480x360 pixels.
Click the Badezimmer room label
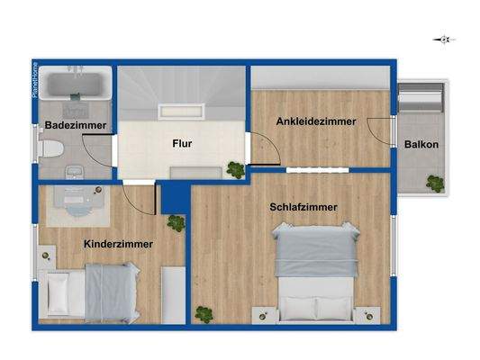(76, 125)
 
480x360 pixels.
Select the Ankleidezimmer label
(316, 121)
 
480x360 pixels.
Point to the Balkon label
(421, 145)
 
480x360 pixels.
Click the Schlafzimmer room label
(303, 207)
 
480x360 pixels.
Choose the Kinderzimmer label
(118, 244)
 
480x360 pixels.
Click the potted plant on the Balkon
(436, 184)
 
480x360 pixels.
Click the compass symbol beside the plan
(445, 40)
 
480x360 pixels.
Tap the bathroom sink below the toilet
(74, 168)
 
